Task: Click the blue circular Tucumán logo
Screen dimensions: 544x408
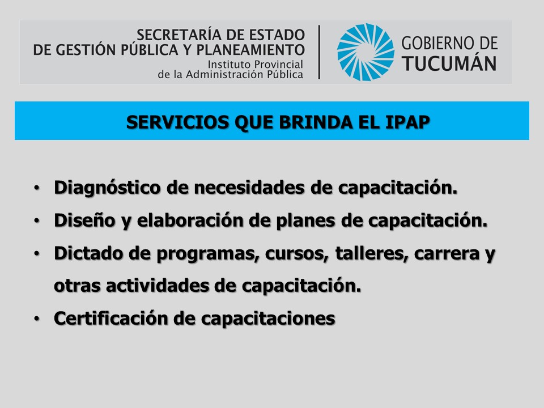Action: [365, 52]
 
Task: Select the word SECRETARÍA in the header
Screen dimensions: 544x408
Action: [178, 35]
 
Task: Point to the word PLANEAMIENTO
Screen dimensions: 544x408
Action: [250, 50]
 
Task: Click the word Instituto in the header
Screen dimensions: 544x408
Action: [228, 65]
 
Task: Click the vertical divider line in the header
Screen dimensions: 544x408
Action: [319, 52]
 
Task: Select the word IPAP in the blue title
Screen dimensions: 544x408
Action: [407, 122]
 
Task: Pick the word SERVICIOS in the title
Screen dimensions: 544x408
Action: [177, 122]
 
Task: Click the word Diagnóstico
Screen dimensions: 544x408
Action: [107, 188]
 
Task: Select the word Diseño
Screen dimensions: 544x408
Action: [84, 220]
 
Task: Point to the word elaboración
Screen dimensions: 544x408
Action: [190, 220]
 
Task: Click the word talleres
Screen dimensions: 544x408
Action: [372, 253]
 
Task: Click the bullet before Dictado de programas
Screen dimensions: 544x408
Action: [37, 254]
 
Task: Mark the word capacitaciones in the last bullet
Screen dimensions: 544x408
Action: [268, 319]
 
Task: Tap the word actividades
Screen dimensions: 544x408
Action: [157, 286]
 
